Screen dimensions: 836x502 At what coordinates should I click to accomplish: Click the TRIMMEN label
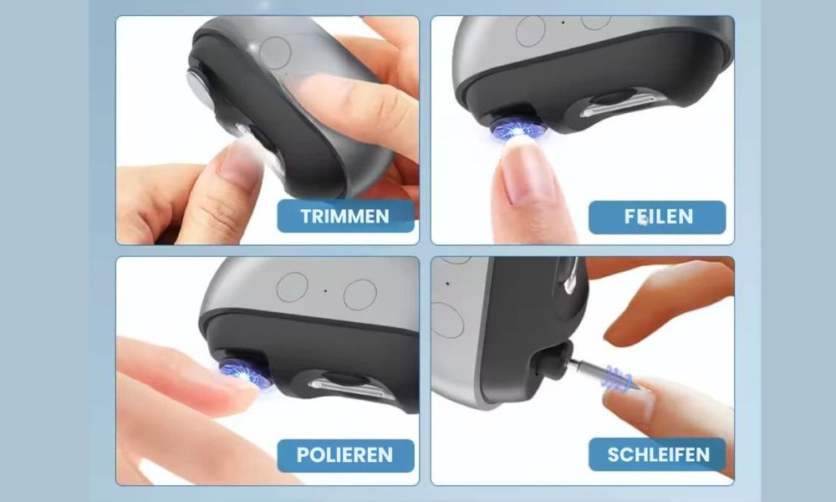pyautogui.click(x=345, y=216)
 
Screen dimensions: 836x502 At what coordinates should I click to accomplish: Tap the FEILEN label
pyautogui.click(x=657, y=217)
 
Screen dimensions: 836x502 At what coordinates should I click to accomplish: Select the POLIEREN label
pyautogui.click(x=345, y=455)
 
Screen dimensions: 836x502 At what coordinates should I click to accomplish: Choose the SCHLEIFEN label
pyautogui.click(x=657, y=454)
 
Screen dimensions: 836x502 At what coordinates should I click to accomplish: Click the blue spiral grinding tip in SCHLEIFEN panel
pyautogui.click(x=618, y=378)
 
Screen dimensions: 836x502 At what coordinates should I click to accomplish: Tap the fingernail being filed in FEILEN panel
pyautogui.click(x=526, y=171)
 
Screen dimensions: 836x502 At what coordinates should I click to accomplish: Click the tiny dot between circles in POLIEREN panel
pyautogui.click(x=326, y=291)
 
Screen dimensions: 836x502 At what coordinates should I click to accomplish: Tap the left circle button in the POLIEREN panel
pyautogui.click(x=292, y=287)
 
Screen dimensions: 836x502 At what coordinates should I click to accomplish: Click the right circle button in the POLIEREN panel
pyautogui.click(x=359, y=295)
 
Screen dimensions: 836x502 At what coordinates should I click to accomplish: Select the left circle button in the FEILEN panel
pyautogui.click(x=531, y=31)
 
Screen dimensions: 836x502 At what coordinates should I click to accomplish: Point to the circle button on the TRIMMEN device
pyautogui.click(x=274, y=53)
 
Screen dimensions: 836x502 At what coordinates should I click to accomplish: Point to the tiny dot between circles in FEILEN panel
pyautogui.click(x=563, y=23)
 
